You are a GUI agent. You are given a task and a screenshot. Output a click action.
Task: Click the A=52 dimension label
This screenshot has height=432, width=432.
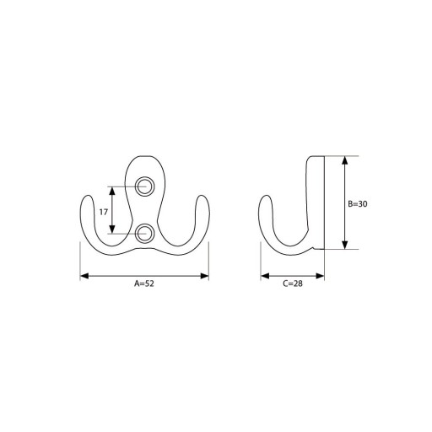click(144, 283)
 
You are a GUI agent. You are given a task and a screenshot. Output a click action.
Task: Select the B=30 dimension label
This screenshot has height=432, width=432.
click(358, 204)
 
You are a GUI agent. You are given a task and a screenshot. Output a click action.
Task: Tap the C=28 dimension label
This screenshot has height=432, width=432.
click(293, 283)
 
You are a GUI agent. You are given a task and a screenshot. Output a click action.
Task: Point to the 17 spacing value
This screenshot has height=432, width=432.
click(104, 212)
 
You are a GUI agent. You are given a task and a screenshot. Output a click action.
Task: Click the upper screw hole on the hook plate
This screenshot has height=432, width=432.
click(144, 186)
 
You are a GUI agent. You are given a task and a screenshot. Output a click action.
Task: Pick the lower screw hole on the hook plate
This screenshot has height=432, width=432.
click(144, 233)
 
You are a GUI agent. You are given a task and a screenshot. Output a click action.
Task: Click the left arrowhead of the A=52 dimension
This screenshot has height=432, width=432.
click(84, 276)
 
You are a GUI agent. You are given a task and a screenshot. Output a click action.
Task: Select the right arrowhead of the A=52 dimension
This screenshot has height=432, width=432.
click(204, 276)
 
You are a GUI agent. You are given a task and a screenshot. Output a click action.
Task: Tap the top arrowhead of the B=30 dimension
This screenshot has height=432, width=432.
click(345, 160)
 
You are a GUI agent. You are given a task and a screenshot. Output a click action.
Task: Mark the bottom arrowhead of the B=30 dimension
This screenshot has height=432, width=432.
click(345, 245)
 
